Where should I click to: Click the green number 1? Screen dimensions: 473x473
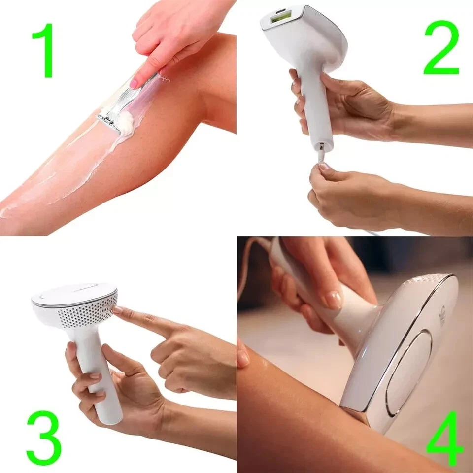[x=45, y=50]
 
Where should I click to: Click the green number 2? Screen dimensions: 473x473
[x=441, y=47]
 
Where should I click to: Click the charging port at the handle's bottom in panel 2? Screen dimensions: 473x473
[x=321, y=146]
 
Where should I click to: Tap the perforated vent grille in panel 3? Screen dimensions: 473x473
[x=88, y=313]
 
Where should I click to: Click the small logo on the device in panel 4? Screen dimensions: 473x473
[x=442, y=315]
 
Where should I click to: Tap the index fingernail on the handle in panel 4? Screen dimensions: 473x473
[x=333, y=299]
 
